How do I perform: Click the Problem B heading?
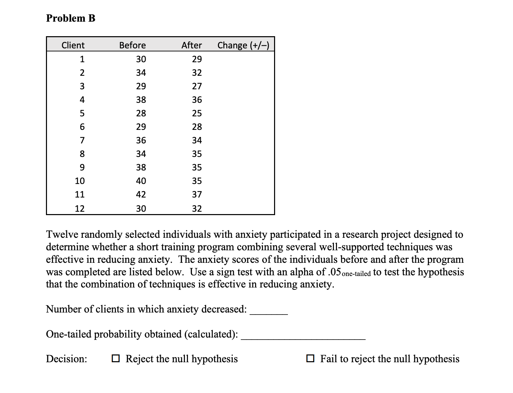[71, 18]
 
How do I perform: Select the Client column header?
[73, 45]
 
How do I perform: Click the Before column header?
[132, 45]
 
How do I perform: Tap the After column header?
[192, 45]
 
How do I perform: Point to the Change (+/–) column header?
[243, 45]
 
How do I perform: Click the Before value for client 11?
[141, 194]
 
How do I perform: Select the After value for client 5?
[197, 113]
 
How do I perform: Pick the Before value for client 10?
[141, 181]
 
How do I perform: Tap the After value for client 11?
[197, 194]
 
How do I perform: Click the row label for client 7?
[82, 140]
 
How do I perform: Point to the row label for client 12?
[80, 208]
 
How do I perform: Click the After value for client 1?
[197, 59]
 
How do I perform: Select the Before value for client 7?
[141, 140]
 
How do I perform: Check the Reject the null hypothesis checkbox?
[116, 358]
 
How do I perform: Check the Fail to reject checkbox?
[310, 358]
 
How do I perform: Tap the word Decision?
[66, 359]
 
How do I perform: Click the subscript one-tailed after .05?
[356, 274]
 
